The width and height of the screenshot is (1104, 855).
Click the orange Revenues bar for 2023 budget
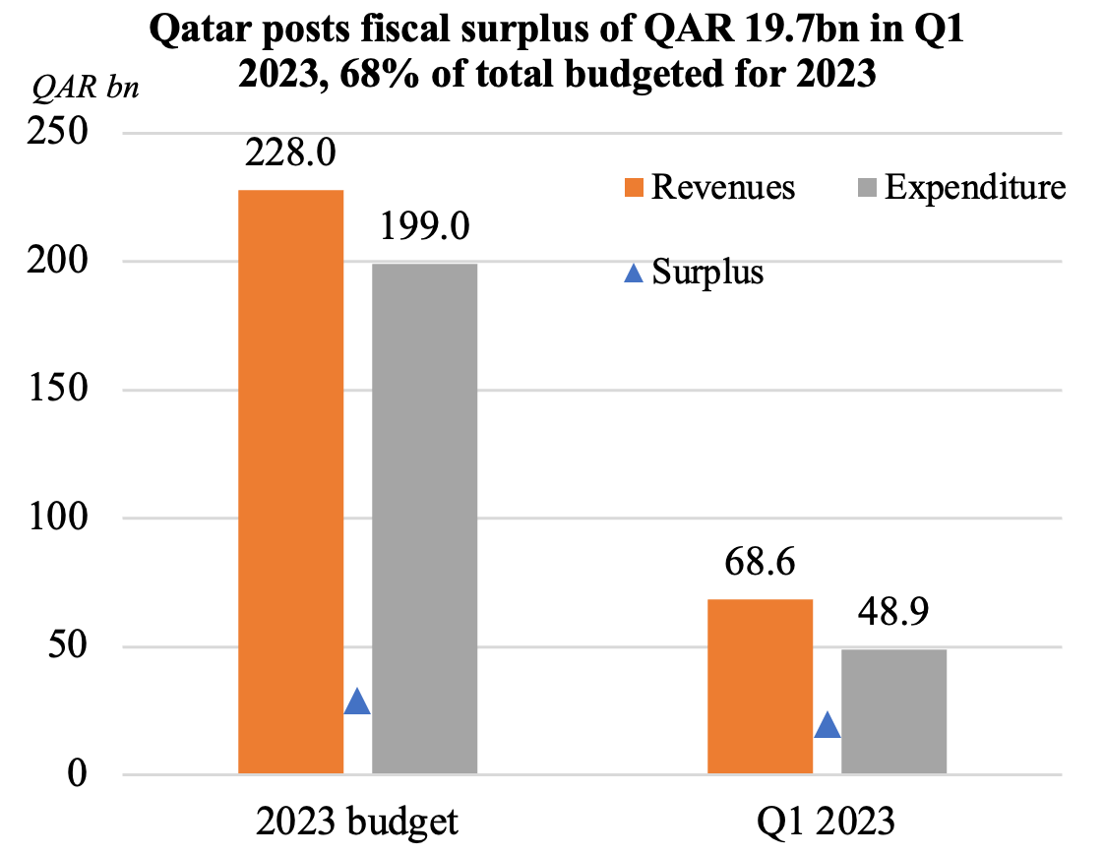291,482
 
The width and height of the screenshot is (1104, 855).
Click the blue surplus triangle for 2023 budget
357,702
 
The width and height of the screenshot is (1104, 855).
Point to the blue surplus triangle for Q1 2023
828,726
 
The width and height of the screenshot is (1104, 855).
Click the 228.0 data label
291,154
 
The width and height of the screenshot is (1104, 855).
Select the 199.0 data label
425,228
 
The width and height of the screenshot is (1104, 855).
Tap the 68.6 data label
761,565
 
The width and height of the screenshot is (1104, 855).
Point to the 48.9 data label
893,614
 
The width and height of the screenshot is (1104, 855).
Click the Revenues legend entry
709,187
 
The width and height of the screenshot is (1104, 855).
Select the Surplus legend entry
695,272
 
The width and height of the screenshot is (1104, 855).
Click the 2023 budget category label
357,822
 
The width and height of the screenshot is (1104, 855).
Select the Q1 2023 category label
827,822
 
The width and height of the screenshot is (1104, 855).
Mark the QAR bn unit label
87,88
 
